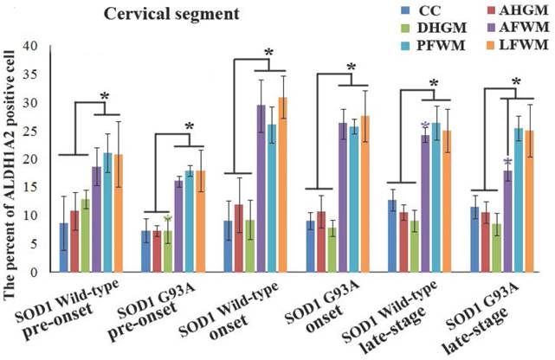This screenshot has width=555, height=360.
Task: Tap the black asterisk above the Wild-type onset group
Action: pos(268,54)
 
